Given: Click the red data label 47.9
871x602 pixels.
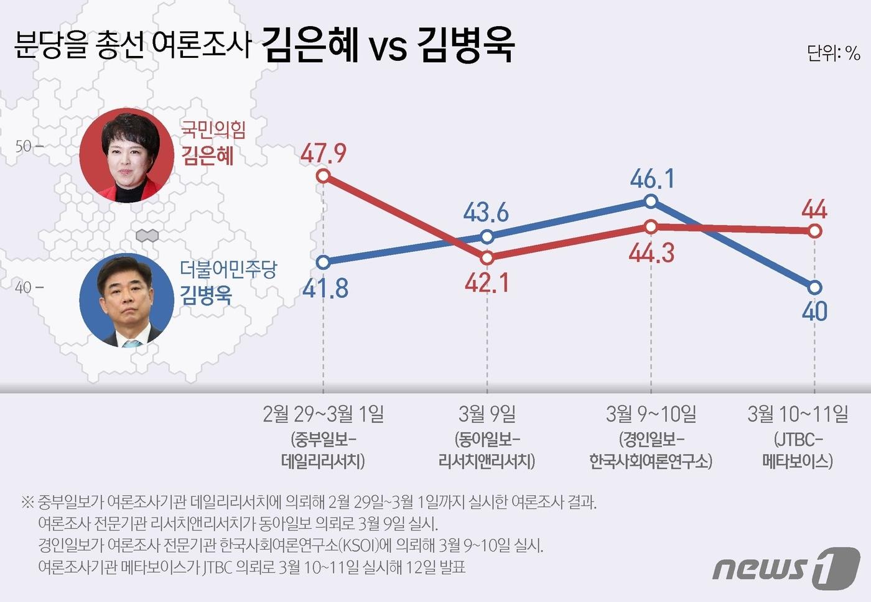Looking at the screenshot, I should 323,153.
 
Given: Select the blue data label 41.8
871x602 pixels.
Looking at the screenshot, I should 325,289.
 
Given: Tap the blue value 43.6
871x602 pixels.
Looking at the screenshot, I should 486,213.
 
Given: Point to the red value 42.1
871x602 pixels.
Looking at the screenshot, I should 487,283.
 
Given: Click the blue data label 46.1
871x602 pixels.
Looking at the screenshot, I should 651,179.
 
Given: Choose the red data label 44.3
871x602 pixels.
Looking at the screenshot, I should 651,253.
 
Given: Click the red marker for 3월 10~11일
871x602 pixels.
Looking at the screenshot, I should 815,231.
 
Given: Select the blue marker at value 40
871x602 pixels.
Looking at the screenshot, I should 815,287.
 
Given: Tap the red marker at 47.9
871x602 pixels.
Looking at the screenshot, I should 323,176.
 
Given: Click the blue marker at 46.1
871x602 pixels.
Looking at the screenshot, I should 651,201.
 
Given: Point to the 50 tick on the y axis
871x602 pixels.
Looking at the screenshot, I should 28,147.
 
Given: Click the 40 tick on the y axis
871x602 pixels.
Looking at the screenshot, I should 28,287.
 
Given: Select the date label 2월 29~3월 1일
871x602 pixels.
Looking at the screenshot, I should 323,414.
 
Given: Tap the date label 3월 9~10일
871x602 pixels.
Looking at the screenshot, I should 651,414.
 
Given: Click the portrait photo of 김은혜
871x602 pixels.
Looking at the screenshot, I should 127,155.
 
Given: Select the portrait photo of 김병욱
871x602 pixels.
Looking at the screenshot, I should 127,300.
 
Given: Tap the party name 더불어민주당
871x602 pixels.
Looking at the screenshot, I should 228,269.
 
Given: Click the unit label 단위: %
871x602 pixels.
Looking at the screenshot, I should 833,53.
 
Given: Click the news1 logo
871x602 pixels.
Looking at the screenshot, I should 786,568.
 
